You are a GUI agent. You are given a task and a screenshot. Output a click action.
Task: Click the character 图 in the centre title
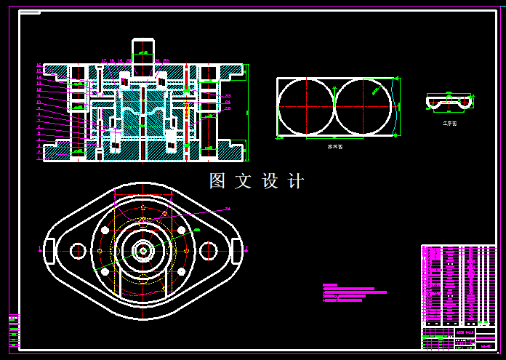217,181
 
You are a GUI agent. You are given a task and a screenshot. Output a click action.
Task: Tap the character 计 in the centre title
296,181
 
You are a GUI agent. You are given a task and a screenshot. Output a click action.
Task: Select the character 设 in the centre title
270,181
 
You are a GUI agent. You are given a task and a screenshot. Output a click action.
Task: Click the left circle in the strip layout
306,106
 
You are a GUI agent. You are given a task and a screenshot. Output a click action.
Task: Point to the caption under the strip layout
334,146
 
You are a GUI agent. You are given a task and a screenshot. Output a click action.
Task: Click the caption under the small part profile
449,124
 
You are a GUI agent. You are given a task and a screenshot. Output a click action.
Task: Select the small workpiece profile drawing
449,102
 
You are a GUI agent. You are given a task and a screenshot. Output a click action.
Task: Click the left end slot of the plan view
49,251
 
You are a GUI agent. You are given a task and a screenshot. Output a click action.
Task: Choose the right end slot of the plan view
236,251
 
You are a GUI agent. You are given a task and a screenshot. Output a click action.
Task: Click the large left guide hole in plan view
78,251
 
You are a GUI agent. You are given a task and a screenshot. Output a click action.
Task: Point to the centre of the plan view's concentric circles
143,251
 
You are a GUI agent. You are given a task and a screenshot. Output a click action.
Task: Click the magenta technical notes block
353,292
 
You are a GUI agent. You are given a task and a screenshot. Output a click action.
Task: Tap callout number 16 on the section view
39,65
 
